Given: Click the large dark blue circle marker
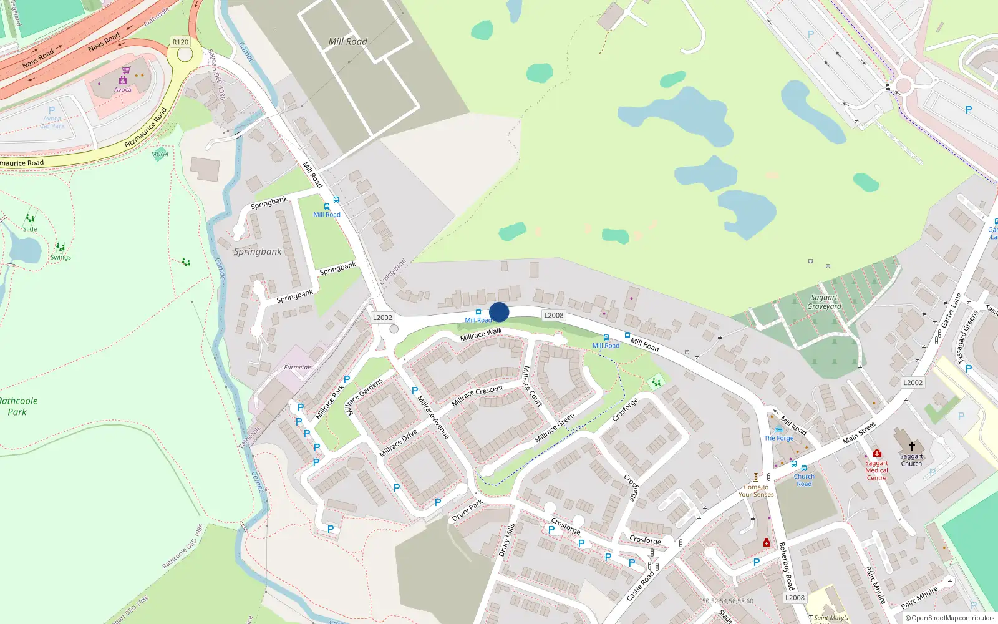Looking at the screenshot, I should coord(499,312).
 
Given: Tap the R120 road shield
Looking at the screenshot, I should coord(180,42).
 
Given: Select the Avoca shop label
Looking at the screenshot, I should coord(123,90).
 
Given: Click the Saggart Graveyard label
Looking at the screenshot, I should coord(824,302).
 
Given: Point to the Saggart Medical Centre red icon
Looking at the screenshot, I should coord(876,454).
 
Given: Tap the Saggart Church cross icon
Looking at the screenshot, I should coord(911,446).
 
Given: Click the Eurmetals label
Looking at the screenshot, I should coord(298,368).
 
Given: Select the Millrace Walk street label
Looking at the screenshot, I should coord(481,335).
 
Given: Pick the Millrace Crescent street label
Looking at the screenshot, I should coord(477,396).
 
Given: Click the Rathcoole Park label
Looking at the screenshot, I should coord(18,406).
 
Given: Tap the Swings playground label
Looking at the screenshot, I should coord(61,257).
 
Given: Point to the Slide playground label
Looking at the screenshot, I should coord(30,229).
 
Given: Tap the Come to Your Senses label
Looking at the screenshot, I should coord(756,491).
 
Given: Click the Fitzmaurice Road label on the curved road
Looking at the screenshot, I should coord(146,128).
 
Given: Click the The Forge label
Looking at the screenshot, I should coord(779,438).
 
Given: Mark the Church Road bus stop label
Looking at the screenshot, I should coord(804,480).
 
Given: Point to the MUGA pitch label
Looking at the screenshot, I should coord(160,154).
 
